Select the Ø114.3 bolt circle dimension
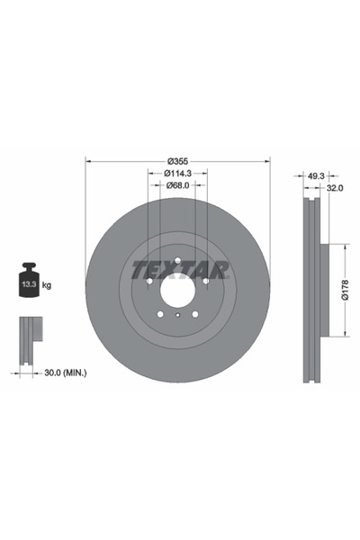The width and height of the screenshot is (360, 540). coord(177,173)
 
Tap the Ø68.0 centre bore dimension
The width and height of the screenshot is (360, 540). coord(177,185)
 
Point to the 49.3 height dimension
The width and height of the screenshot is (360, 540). coord(315,175)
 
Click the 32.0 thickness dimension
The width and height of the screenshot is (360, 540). coord(334,189)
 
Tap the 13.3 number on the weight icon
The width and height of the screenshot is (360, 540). coord(28,285)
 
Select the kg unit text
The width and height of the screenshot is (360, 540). coord(48,285)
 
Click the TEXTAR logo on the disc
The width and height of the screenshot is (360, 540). coord(177,269)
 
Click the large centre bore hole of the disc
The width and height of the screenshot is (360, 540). coord(177,290)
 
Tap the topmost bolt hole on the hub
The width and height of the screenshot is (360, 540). coord(177,262)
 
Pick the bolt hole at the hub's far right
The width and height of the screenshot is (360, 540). coord(205,281)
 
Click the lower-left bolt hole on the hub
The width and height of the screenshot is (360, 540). coord(160,313)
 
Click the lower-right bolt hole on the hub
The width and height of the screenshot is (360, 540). coord(194,313)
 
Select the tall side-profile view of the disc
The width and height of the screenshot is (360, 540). coord(311,290)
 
